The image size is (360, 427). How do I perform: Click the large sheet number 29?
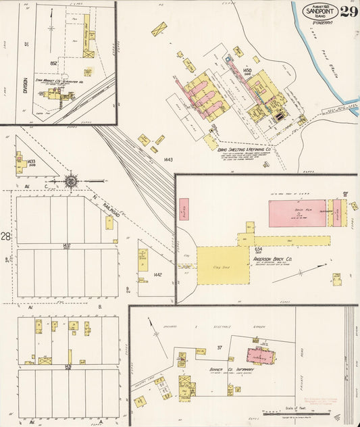click(x=349, y=11)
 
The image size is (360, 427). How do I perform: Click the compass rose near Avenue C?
click(x=72, y=180)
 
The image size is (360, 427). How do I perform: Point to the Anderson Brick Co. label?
click(x=272, y=258)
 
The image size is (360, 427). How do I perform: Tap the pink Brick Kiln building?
click(x=297, y=213)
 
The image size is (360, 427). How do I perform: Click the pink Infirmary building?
click(x=260, y=356)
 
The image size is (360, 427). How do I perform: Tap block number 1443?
click(x=168, y=159)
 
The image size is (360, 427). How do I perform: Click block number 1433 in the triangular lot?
click(x=31, y=162)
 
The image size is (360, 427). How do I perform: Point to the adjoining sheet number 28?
click(x=5, y=236)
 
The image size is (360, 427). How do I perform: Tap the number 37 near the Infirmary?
click(x=220, y=348)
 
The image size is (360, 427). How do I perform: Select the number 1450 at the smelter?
click(x=247, y=70)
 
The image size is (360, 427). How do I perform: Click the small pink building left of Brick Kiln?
click(x=184, y=210)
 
